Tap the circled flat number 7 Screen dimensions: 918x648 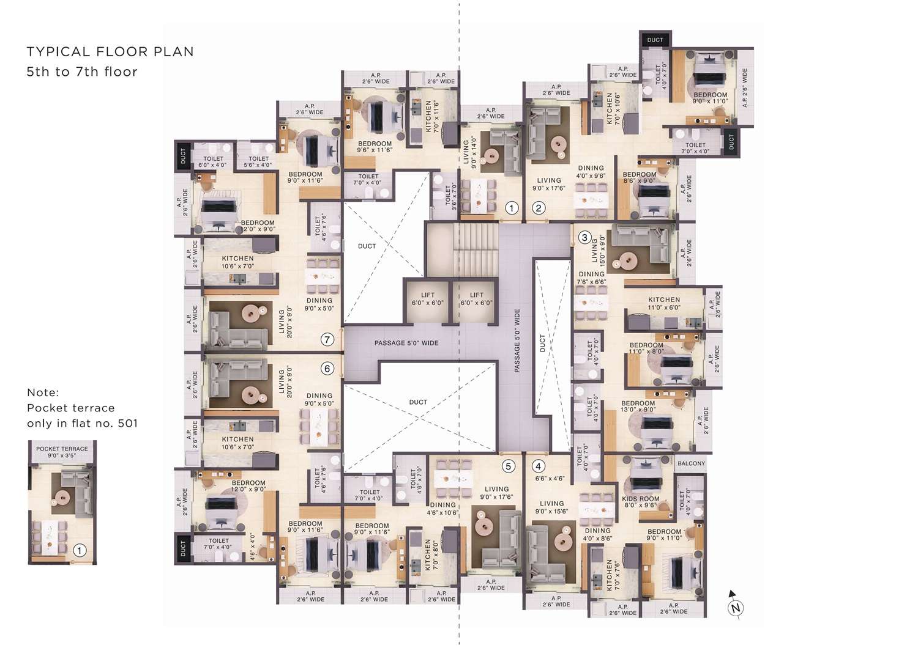coord(327,339)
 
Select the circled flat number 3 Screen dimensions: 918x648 coord(584,237)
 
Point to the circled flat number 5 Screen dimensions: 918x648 coord(508,466)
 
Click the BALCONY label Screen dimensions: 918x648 coord(692,463)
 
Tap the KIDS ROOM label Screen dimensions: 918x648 coord(641,499)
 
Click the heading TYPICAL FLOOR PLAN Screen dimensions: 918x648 coord(110,51)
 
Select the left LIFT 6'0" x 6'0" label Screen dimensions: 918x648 coord(427,299)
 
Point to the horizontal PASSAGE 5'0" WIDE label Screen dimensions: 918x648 coord(406,343)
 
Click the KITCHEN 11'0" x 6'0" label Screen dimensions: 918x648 coord(664,303)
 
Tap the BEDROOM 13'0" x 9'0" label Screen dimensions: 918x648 coord(638,406)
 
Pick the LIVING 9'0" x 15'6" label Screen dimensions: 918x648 coord(551,507)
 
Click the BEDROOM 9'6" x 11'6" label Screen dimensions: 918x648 coord(375,147)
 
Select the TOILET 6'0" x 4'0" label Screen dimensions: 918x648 coord(213,161)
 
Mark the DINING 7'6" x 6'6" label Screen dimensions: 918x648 coord(591,278)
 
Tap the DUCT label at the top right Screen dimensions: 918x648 coord(655,40)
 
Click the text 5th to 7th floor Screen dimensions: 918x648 coord(82,72)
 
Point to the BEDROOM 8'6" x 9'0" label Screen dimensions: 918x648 coord(640,177)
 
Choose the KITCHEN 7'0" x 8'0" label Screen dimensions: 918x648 coord(431,554)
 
